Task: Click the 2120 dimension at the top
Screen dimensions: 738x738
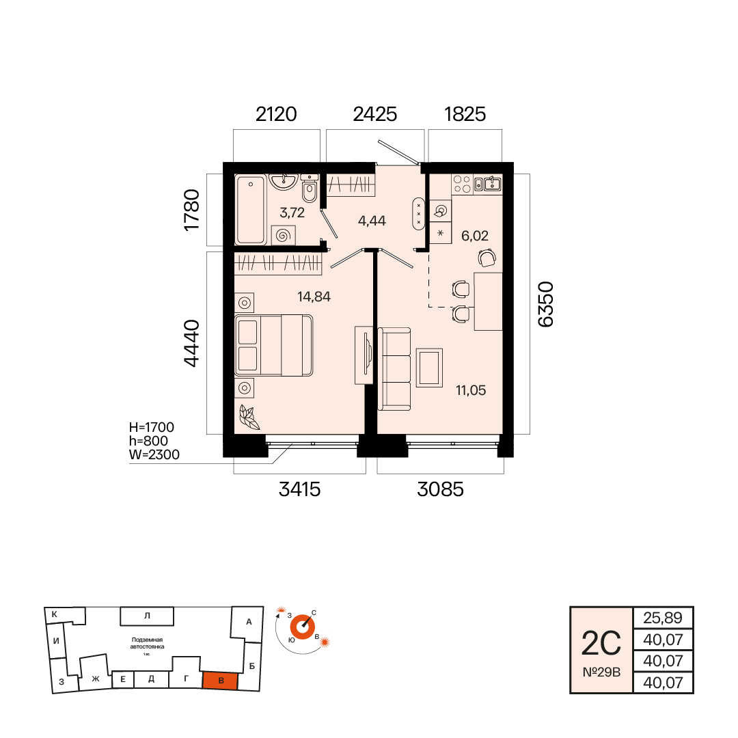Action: (276, 114)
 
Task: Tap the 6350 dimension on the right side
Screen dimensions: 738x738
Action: (545, 304)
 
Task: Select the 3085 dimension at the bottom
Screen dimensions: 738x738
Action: (440, 489)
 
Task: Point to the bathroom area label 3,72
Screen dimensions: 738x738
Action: (292, 213)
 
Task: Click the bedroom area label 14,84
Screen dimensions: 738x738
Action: (314, 297)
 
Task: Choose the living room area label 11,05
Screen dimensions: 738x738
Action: (471, 390)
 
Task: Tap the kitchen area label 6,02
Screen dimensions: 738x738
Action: (474, 235)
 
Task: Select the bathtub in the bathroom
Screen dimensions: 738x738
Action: (251, 210)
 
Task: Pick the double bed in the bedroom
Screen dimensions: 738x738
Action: (273, 346)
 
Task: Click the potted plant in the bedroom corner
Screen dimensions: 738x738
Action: (249, 417)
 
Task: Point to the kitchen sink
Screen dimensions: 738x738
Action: (488, 183)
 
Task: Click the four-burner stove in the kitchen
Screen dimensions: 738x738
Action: (462, 184)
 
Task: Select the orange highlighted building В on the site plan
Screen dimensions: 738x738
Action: (220, 681)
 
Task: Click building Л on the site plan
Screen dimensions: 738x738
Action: (147, 616)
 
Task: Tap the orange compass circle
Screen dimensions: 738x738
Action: (302, 627)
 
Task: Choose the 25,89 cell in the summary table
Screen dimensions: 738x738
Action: (663, 618)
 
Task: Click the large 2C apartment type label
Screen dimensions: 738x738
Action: (601, 644)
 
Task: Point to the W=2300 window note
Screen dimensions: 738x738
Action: (154, 454)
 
